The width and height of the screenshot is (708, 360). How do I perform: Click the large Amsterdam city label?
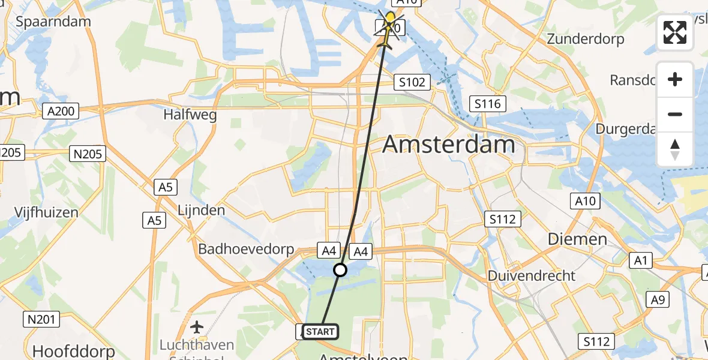coord(449,145)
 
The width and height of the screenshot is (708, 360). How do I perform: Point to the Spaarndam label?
coord(53,22)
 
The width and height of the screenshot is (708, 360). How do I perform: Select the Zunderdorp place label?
coord(586,40)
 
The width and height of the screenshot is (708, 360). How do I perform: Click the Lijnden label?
coord(201,210)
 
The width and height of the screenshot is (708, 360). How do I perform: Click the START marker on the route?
coord(320,332)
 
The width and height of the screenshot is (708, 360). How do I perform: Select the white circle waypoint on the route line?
coord(340,270)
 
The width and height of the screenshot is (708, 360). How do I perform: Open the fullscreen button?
coord(675,32)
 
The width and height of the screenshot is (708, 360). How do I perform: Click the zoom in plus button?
coord(675,79)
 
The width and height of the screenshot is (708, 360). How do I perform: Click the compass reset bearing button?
coord(675,149)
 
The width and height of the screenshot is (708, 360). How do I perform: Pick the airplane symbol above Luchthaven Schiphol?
coord(197,327)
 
